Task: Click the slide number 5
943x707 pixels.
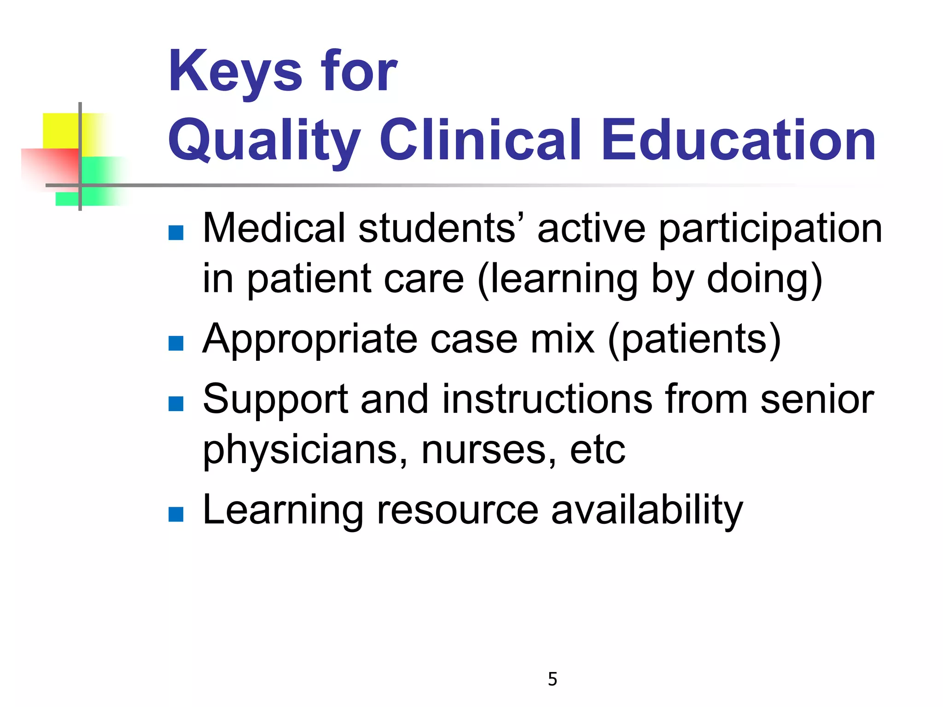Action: tap(553, 679)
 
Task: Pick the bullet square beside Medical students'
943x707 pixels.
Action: tap(176, 233)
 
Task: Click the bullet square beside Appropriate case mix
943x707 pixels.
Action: tap(176, 343)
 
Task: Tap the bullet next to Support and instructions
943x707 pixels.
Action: tap(176, 404)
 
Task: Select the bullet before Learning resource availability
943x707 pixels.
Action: tap(176, 514)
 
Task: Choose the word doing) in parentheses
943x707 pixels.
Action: tap(764, 280)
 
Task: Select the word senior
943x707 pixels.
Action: tap(817, 399)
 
